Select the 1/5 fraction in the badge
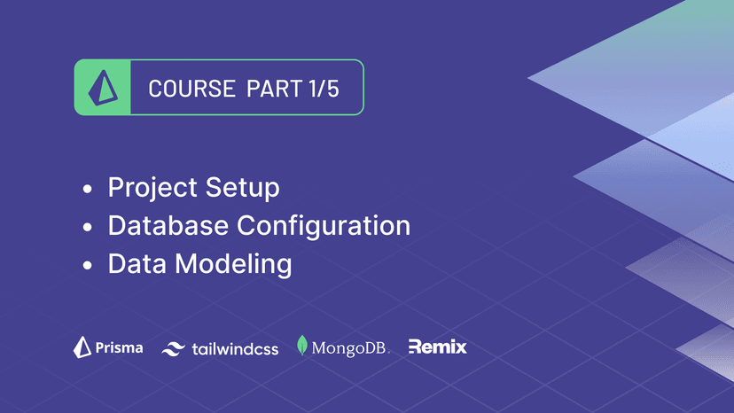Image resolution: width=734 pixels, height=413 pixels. (323, 89)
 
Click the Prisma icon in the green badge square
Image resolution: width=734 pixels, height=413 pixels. (102, 88)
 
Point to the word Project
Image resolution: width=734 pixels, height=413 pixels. (152, 189)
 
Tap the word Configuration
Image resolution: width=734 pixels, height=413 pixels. (324, 226)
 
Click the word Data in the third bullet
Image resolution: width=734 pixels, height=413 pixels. (135, 263)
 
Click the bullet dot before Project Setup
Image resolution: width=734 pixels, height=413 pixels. (87, 190)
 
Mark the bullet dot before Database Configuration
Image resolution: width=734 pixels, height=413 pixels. (87, 227)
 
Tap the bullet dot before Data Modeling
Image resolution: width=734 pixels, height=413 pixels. (87, 265)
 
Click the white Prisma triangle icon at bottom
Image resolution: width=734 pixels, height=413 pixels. (82, 347)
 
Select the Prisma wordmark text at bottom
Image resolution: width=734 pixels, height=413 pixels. (119, 347)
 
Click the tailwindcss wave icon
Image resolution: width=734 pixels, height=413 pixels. (172, 349)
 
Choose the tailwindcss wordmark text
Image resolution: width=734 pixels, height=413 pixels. (235, 349)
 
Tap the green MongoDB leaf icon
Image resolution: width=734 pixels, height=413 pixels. (302, 346)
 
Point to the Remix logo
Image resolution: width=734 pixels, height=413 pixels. (437, 347)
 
